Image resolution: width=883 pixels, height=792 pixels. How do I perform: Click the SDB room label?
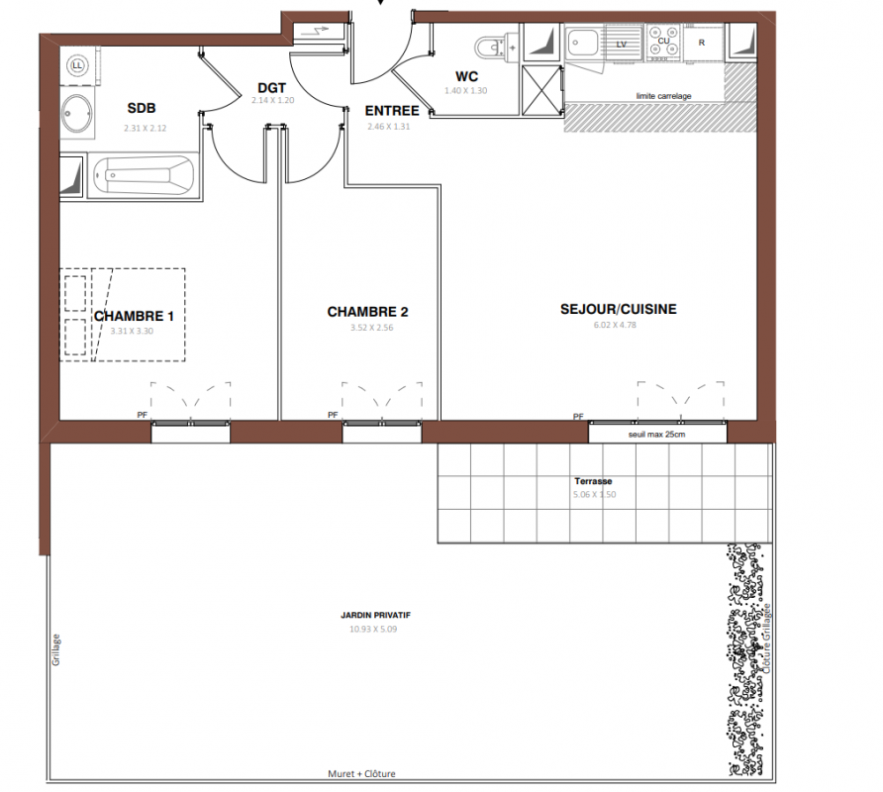coord(142,108)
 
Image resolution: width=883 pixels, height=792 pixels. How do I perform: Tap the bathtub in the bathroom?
coord(144,175)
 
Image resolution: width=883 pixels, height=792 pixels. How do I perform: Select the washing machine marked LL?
coord(78,66)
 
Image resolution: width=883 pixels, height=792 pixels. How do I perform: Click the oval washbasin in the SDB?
coord(77,113)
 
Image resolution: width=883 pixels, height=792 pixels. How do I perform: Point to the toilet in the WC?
coord(497,48)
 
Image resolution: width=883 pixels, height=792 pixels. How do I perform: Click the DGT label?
coord(272,88)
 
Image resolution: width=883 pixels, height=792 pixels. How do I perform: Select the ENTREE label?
coord(392,111)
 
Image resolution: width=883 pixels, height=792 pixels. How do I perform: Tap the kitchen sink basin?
coord(582,43)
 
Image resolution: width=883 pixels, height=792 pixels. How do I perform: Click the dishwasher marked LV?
coord(624,42)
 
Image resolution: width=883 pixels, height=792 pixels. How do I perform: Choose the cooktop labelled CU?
coord(663,42)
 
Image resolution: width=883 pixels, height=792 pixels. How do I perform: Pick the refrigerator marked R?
coord(702,43)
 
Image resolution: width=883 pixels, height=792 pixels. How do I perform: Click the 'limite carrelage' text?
coord(664,96)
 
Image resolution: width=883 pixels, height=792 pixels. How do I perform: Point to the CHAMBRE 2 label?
coord(367,312)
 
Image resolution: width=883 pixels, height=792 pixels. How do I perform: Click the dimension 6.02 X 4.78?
coord(615,325)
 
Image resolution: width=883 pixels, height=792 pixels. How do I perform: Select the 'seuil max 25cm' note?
coord(656,435)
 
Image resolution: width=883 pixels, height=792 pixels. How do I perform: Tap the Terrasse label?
coord(593,481)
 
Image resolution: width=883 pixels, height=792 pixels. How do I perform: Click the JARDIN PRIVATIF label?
coord(375,615)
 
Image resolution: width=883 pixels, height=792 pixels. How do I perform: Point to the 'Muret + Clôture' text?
coord(361,773)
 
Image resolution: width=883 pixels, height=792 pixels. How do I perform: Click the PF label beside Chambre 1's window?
coord(143,415)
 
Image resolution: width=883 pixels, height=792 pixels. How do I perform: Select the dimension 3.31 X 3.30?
coord(132,331)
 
